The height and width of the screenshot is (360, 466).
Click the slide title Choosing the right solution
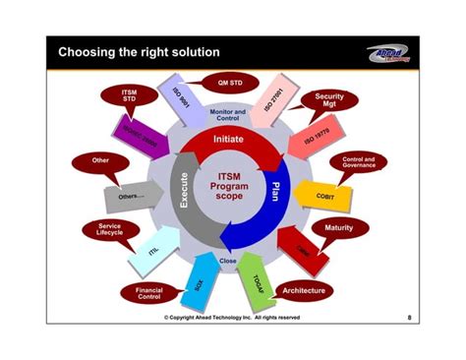pyautogui.click(x=138, y=51)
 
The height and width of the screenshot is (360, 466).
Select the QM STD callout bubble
pyautogui.click(x=223, y=83)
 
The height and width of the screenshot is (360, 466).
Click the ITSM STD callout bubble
pyautogui.click(x=115, y=95)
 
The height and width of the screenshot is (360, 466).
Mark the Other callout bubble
pyautogui.click(x=99, y=160)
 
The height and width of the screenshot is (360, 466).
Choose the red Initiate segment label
pyautogui.click(x=228, y=141)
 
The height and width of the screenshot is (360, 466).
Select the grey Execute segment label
pyautogui.click(x=183, y=190)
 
